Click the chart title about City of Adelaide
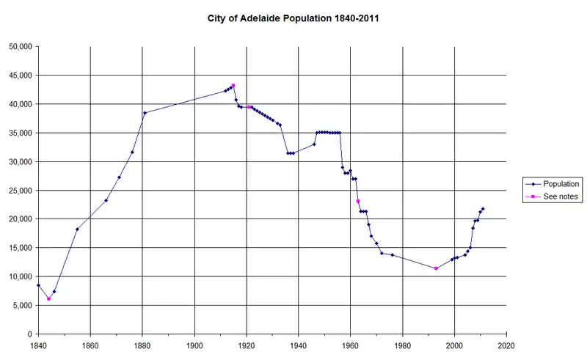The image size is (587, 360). [x=293, y=16]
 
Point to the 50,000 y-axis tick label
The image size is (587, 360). [x=19, y=46]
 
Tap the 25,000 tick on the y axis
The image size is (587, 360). [x=19, y=191]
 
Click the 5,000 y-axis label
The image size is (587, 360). [x=22, y=306]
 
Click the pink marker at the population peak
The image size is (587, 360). [x=233, y=86]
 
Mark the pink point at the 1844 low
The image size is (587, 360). [x=48, y=298]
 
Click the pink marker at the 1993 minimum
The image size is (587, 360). [x=436, y=268]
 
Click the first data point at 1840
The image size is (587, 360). [x=38, y=285]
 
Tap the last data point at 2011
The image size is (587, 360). [x=483, y=209]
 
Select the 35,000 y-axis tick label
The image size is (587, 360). [x=19, y=133]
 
